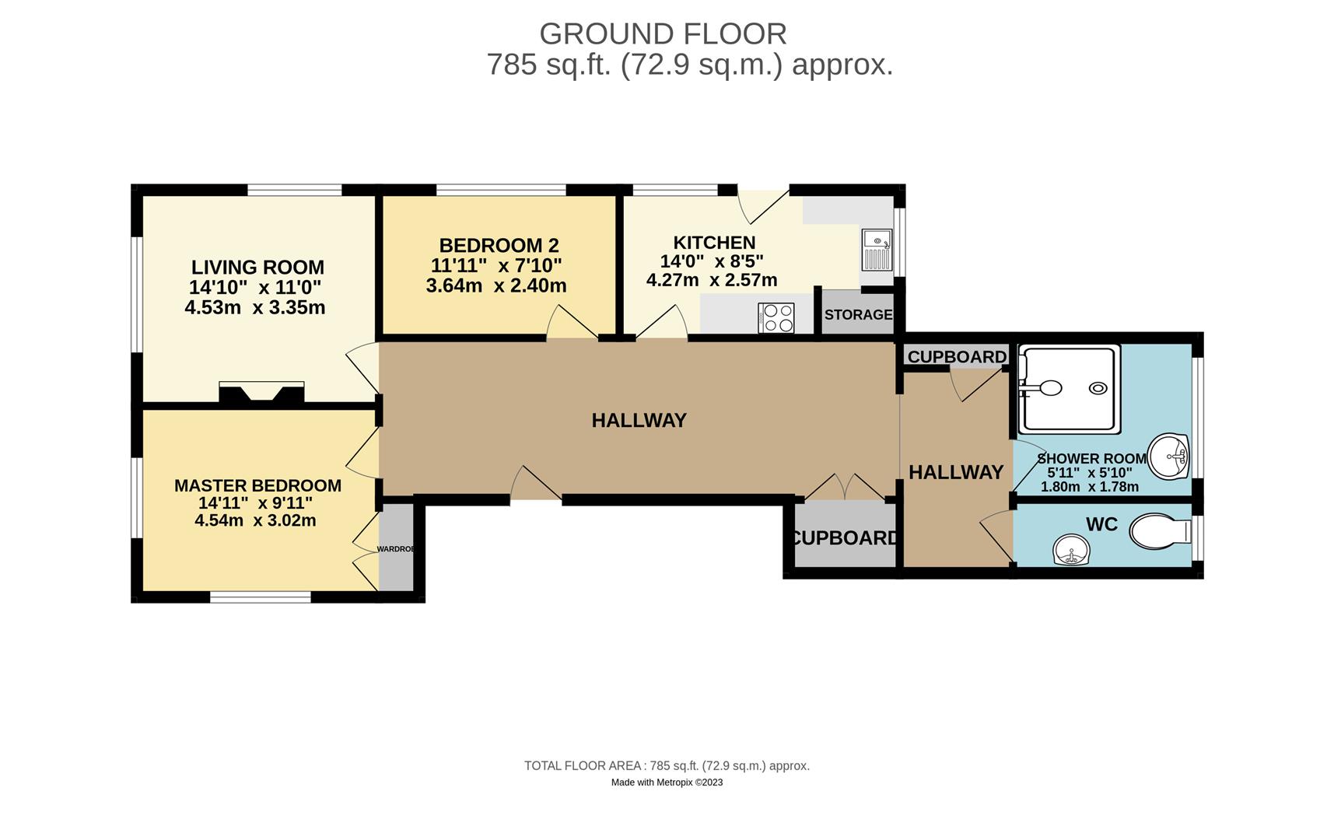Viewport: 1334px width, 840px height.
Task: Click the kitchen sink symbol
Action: click(877, 249)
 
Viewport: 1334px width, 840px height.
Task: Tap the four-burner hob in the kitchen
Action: click(776, 317)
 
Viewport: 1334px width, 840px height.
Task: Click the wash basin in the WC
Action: click(1071, 550)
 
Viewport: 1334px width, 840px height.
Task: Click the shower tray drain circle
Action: click(1098, 388)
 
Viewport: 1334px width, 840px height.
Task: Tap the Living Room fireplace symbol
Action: click(261, 393)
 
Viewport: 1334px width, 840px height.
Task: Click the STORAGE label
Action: click(858, 315)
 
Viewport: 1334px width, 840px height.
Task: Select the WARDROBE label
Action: click(396, 549)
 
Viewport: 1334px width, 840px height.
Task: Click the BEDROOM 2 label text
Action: click(499, 246)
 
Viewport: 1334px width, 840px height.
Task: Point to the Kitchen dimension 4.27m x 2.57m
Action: click(712, 280)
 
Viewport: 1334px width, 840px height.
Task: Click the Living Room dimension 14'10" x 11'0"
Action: click(255, 287)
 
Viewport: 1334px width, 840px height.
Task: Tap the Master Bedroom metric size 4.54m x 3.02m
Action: click(255, 520)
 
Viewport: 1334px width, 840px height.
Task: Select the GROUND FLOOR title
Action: click(663, 34)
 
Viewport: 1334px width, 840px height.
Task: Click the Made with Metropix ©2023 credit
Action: click(667, 782)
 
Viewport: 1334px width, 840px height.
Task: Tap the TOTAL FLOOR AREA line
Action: click(667, 766)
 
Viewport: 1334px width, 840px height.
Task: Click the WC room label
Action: click(1101, 524)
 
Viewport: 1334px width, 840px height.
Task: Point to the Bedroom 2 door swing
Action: click(572, 322)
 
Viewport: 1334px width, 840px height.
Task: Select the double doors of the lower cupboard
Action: click(845, 487)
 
